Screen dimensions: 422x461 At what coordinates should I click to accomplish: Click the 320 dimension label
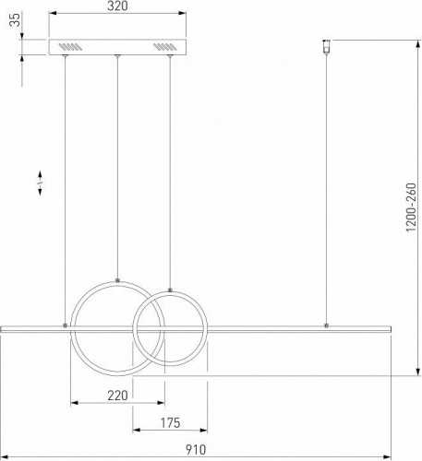point(117,6)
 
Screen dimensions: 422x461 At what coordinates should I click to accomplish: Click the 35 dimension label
point(15,19)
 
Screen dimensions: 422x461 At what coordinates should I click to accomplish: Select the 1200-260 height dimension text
point(411,207)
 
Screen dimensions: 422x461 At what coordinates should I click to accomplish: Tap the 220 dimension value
point(117,395)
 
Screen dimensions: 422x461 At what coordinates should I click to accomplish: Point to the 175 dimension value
point(170,423)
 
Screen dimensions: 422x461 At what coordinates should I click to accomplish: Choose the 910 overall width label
point(196,450)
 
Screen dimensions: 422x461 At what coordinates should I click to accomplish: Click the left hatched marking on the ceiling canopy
point(70,47)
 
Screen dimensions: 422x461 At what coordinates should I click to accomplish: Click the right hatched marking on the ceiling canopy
point(165,47)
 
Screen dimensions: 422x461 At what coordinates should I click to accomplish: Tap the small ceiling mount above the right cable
point(326,46)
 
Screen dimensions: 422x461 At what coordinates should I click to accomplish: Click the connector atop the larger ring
point(117,280)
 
